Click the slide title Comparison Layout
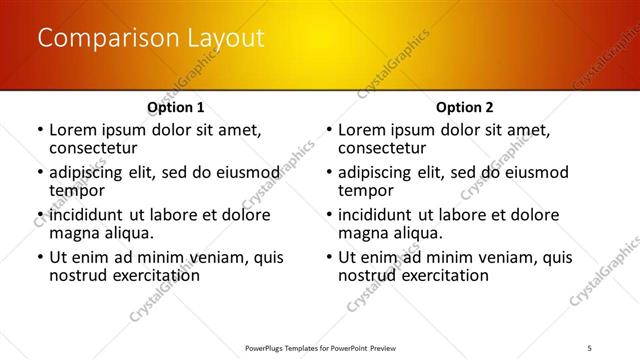click(x=150, y=39)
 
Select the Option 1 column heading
click(x=176, y=107)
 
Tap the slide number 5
click(x=591, y=348)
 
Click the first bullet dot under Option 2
click(x=329, y=131)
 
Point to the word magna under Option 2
click(x=361, y=233)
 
